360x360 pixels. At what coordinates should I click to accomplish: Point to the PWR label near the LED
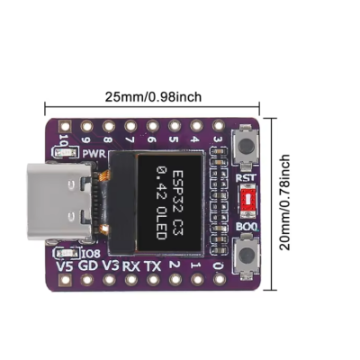click(94, 154)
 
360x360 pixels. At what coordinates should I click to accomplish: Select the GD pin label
click(87, 265)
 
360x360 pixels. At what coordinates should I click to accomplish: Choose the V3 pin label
click(110, 265)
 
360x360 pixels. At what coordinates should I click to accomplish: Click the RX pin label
click(131, 265)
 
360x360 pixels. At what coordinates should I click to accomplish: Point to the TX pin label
click(153, 265)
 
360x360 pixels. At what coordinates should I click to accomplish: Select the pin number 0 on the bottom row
click(218, 265)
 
